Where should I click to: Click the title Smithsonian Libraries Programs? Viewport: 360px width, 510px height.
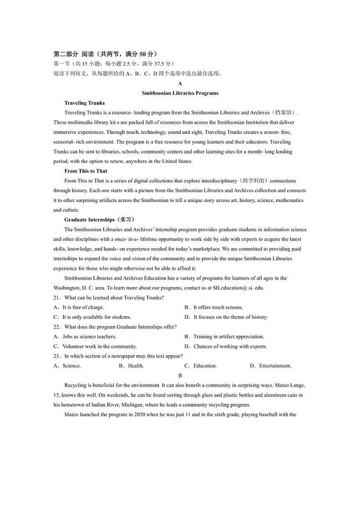tap(180, 93)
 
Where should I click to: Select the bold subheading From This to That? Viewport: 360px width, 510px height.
tap(86, 171)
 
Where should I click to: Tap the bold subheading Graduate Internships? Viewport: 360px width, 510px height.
tap(89, 220)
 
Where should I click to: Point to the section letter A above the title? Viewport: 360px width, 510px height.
tap(180, 83)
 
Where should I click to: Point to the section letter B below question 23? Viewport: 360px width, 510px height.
tap(180, 376)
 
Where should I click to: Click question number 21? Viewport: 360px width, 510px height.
tap(57, 298)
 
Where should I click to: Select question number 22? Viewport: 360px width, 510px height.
tap(57, 327)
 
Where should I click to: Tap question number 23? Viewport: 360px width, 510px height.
tap(57, 356)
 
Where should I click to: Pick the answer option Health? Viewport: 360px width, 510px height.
tap(136, 366)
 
